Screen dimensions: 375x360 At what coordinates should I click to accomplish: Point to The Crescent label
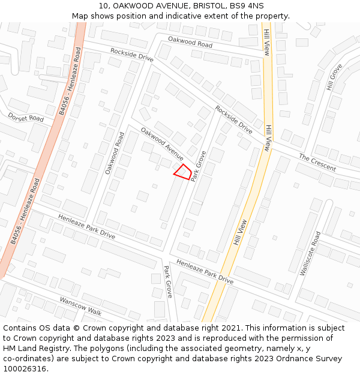317,163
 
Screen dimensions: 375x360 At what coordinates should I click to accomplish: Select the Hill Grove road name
334,77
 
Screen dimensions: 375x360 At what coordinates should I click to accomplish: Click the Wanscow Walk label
80,306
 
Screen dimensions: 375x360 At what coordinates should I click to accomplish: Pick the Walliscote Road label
312,253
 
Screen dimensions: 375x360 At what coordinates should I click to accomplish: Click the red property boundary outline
183,172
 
